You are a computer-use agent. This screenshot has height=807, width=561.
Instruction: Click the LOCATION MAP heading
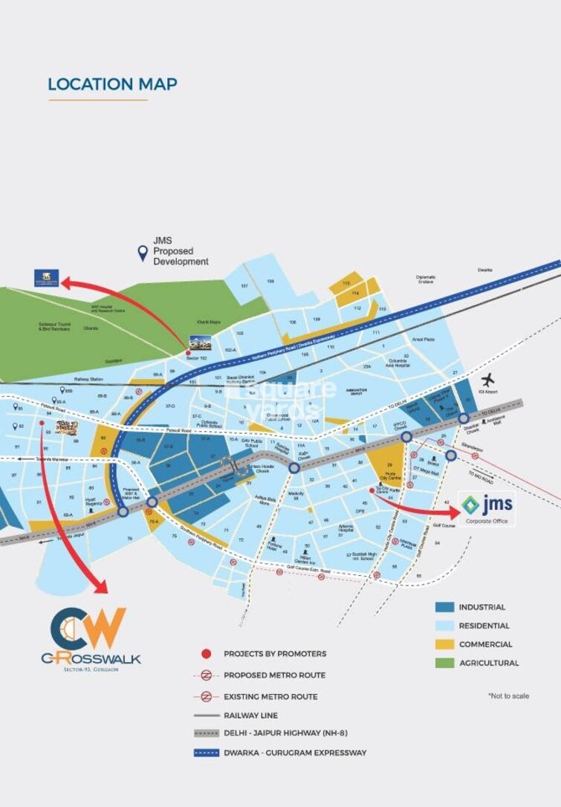click(112, 84)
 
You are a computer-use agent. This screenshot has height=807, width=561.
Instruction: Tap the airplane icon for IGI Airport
click(489, 380)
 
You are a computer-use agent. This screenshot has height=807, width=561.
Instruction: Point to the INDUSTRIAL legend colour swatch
click(444, 607)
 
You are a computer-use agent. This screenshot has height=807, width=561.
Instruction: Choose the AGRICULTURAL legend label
click(488, 663)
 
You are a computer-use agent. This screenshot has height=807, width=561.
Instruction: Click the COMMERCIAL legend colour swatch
click(444, 644)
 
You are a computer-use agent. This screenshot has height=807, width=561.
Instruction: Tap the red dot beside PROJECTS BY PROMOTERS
click(206, 654)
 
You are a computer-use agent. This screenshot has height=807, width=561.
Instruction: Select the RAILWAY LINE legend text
click(250, 716)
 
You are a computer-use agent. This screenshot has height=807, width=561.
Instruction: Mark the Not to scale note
click(508, 696)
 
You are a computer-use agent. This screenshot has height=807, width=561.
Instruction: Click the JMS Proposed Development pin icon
click(142, 254)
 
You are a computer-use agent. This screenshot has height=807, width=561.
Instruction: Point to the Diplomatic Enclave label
click(426, 280)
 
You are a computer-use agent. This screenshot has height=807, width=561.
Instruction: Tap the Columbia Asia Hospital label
click(398, 363)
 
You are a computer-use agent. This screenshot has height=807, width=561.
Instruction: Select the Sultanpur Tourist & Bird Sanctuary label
click(54, 326)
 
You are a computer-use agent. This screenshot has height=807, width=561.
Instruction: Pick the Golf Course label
click(443, 525)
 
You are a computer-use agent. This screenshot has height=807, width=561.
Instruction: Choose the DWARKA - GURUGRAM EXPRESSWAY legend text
click(295, 753)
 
